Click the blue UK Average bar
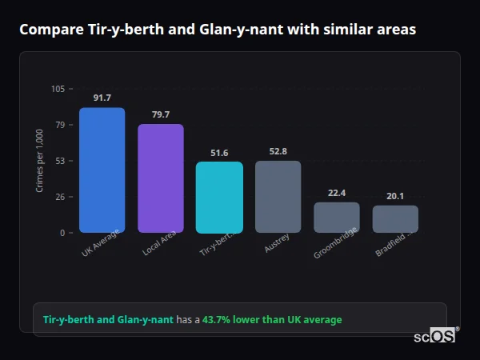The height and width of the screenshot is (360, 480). click(102, 170)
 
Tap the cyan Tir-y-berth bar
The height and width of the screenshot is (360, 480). click(219, 197)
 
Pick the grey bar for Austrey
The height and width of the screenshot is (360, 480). click(278, 196)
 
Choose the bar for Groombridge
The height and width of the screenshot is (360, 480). click(336, 217)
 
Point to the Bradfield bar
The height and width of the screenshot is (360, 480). click(395, 218)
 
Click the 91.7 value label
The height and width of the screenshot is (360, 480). click(102, 98)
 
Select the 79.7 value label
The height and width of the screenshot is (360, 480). click(161, 114)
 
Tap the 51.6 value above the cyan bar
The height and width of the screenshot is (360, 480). click(219, 153)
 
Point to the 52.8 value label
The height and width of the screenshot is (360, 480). click(278, 151)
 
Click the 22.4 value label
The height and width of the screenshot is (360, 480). click(336, 193)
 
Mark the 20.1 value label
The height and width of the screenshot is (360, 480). click(395, 196)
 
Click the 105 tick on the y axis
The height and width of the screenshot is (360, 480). click(58, 89)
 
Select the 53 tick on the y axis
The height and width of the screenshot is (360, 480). click(60, 161)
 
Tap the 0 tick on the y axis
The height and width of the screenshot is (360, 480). click(62, 233)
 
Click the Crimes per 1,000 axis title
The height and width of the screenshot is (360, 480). click(40, 161)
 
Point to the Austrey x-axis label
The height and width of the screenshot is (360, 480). click(276, 244)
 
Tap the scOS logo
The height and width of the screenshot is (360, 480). click(434, 337)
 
